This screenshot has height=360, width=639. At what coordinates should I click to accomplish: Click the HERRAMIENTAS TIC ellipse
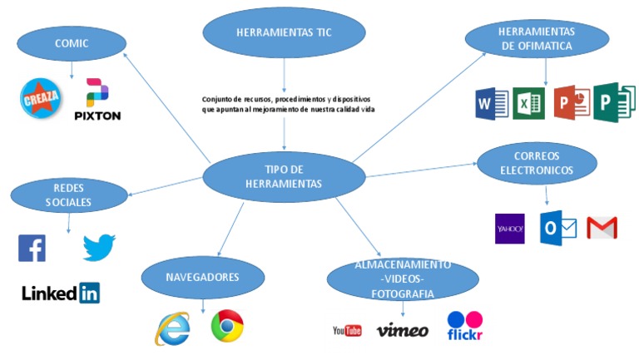pyautogui.click(x=284, y=33)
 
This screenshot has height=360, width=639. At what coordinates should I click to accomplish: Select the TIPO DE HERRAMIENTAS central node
pyautogui.click(x=284, y=176)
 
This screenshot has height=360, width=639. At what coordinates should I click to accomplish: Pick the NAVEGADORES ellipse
pyautogui.click(x=202, y=278)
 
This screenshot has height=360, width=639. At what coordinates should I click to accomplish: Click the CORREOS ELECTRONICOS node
pyautogui.click(x=537, y=163)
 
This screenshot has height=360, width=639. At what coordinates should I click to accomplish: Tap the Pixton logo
pyautogui.click(x=97, y=100)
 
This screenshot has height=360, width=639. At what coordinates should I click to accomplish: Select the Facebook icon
pyautogui.click(x=32, y=248)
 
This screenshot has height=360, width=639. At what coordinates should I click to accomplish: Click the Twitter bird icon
pyautogui.click(x=99, y=247)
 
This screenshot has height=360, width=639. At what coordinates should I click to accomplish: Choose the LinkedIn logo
pyautogui.click(x=61, y=293)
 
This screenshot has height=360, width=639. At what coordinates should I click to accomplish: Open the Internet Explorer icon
pyautogui.click(x=171, y=329)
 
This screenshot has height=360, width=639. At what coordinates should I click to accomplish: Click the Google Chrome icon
pyautogui.click(x=226, y=326)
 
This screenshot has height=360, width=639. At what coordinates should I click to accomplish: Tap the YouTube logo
pyautogui.click(x=347, y=331)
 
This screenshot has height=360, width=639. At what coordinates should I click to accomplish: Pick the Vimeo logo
pyautogui.click(x=403, y=331)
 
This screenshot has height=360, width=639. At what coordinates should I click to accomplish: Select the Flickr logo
pyautogui.click(x=465, y=325)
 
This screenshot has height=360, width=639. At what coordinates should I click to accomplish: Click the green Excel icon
pyautogui.click(x=528, y=104)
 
